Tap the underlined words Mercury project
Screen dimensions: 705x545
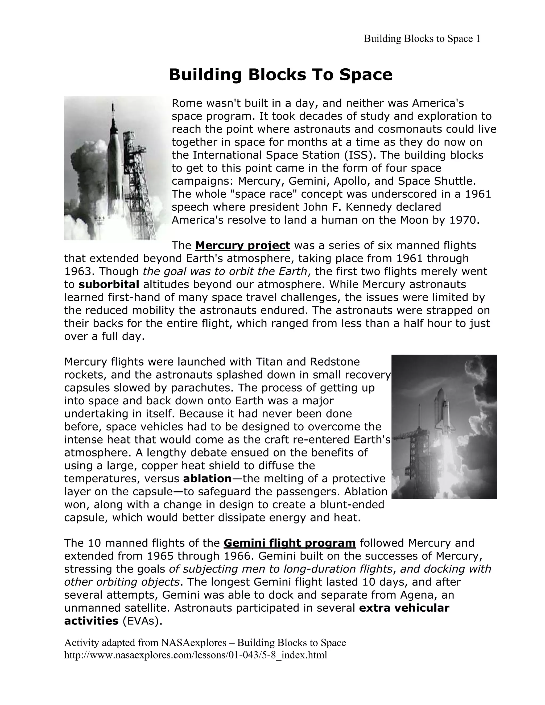point(242,246)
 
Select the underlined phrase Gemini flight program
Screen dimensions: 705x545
point(290,543)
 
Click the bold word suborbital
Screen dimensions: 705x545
point(109,284)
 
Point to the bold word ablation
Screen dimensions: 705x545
point(207,478)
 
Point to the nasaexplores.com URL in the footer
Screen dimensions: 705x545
point(196,655)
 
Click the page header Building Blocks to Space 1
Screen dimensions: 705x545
point(422,39)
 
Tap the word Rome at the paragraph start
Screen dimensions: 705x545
point(187,103)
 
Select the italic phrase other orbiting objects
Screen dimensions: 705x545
point(122,582)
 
